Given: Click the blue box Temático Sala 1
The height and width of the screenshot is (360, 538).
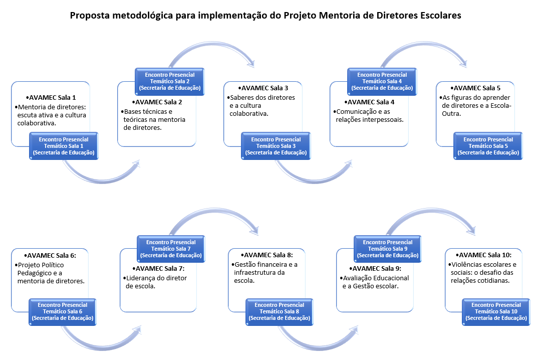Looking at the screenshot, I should [x=64, y=145].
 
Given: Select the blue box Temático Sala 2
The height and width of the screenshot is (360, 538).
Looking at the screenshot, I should [x=170, y=81].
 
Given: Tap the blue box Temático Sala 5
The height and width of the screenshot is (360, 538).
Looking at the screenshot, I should [x=488, y=145].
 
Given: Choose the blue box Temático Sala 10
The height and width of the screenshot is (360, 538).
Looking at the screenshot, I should [x=496, y=311].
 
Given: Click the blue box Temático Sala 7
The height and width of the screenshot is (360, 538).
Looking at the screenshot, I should [x=171, y=248].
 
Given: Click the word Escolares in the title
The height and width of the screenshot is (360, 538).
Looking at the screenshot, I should [x=436, y=16].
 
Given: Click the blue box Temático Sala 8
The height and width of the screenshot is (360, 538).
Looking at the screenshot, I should [x=279, y=311].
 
